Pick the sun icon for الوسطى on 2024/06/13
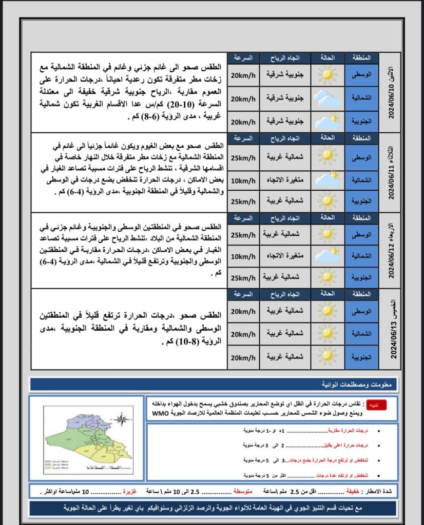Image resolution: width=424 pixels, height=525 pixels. click(x=326, y=311)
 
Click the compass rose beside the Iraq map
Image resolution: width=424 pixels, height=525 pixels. click(x=121, y=420)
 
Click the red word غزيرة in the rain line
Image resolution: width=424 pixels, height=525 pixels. click(x=129, y=491)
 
